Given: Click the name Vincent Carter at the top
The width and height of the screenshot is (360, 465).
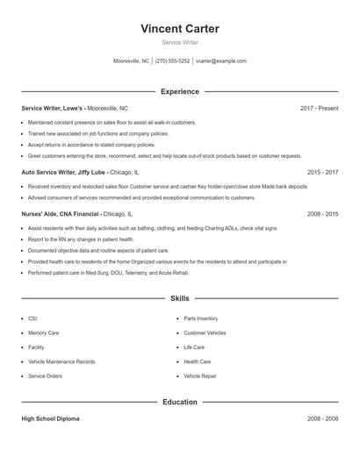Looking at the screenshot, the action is [180, 29].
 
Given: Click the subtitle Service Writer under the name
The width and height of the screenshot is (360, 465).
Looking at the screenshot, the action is [180, 43].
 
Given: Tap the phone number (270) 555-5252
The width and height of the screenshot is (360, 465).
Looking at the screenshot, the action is [173, 61].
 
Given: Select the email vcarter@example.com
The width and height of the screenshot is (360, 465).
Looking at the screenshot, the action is [221, 61].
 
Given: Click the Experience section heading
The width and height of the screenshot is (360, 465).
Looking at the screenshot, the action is [180, 91].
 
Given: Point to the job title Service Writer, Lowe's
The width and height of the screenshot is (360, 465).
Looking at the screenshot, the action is [53, 108].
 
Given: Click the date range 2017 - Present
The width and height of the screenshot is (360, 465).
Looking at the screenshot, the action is [319, 108].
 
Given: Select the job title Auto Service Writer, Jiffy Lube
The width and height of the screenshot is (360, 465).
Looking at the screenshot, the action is [63, 173].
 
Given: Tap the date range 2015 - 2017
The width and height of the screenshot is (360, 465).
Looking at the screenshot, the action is [322, 173].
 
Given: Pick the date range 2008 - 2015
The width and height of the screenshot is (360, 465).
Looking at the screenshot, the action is [322, 213].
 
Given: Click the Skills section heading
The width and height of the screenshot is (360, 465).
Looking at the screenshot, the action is [180, 299].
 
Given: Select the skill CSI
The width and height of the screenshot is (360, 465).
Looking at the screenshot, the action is [32, 318].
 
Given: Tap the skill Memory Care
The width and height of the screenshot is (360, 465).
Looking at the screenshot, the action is [44, 333].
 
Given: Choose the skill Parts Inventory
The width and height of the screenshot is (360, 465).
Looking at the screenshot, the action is [201, 318].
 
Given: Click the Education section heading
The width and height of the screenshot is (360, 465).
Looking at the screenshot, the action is [180, 402].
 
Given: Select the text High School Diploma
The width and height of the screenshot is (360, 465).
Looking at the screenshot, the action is [50, 419].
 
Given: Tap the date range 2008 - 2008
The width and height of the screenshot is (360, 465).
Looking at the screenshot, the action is [322, 419].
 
